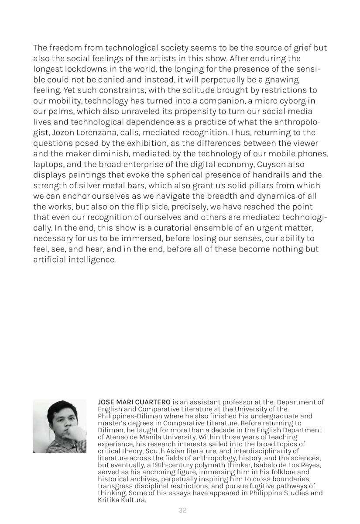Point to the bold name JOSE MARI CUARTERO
[134, 402]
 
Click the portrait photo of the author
[59, 426]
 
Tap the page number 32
[182, 510]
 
